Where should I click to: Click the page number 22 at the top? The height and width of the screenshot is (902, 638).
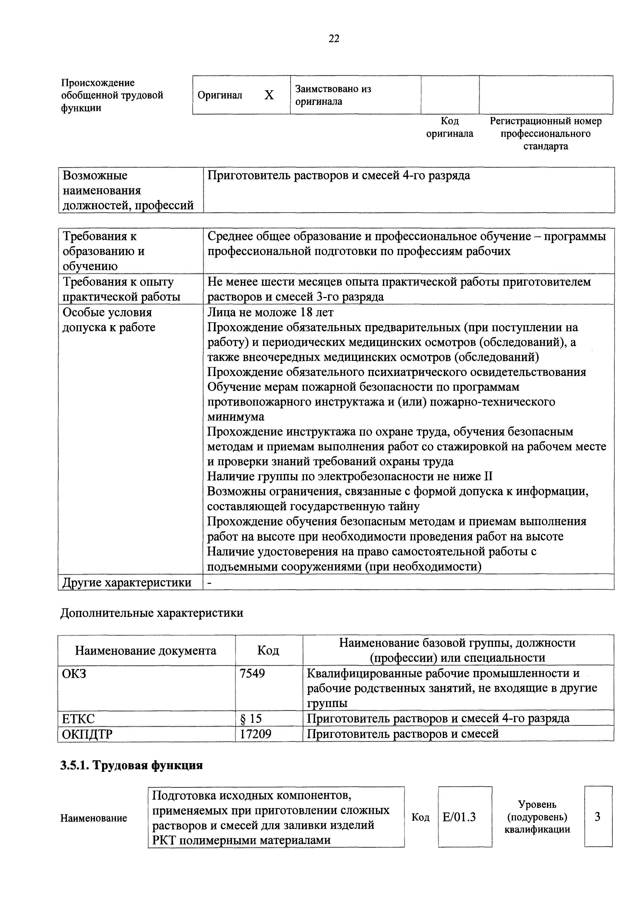[x=334, y=39]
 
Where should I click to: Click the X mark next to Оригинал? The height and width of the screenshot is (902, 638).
[x=269, y=95]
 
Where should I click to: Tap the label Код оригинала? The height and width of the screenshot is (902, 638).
[x=450, y=127]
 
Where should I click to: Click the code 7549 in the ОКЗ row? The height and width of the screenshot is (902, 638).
[x=252, y=673]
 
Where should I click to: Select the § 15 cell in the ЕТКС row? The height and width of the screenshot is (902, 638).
[x=251, y=719]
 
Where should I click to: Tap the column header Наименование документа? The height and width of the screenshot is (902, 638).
[x=146, y=650]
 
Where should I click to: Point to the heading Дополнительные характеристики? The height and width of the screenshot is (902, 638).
[x=152, y=613]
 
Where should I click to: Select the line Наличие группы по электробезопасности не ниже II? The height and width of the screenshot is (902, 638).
[x=350, y=477]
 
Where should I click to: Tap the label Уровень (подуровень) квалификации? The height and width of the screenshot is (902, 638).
[x=537, y=817]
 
